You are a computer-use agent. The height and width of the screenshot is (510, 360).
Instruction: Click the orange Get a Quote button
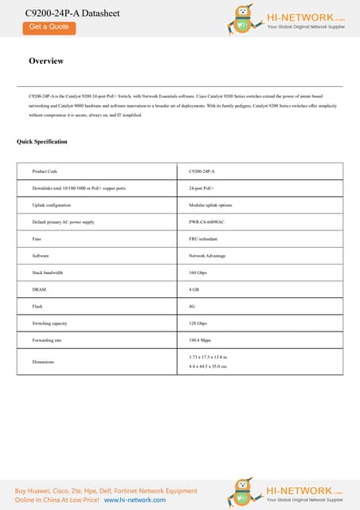coord(49,27)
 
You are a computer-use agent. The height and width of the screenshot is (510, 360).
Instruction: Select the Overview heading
coord(46,61)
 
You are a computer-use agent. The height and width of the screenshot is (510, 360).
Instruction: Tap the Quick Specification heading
coord(42,142)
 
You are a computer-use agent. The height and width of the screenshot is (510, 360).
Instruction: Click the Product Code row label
coord(45,171)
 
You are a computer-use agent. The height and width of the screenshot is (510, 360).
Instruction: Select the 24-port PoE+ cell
coord(202,188)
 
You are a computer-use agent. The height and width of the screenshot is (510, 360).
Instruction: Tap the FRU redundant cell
coord(203,238)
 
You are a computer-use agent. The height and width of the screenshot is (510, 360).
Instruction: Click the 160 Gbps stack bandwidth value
coord(198,273)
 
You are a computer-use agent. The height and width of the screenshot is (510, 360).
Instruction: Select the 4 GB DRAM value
coord(194,289)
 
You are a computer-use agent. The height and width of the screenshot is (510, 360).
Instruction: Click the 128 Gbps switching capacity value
coord(198,324)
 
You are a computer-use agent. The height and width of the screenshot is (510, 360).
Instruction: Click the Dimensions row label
coord(43,362)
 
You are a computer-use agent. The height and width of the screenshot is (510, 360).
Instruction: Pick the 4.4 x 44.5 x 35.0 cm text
coord(208,367)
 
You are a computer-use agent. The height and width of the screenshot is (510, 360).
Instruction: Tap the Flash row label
coord(37,306)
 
